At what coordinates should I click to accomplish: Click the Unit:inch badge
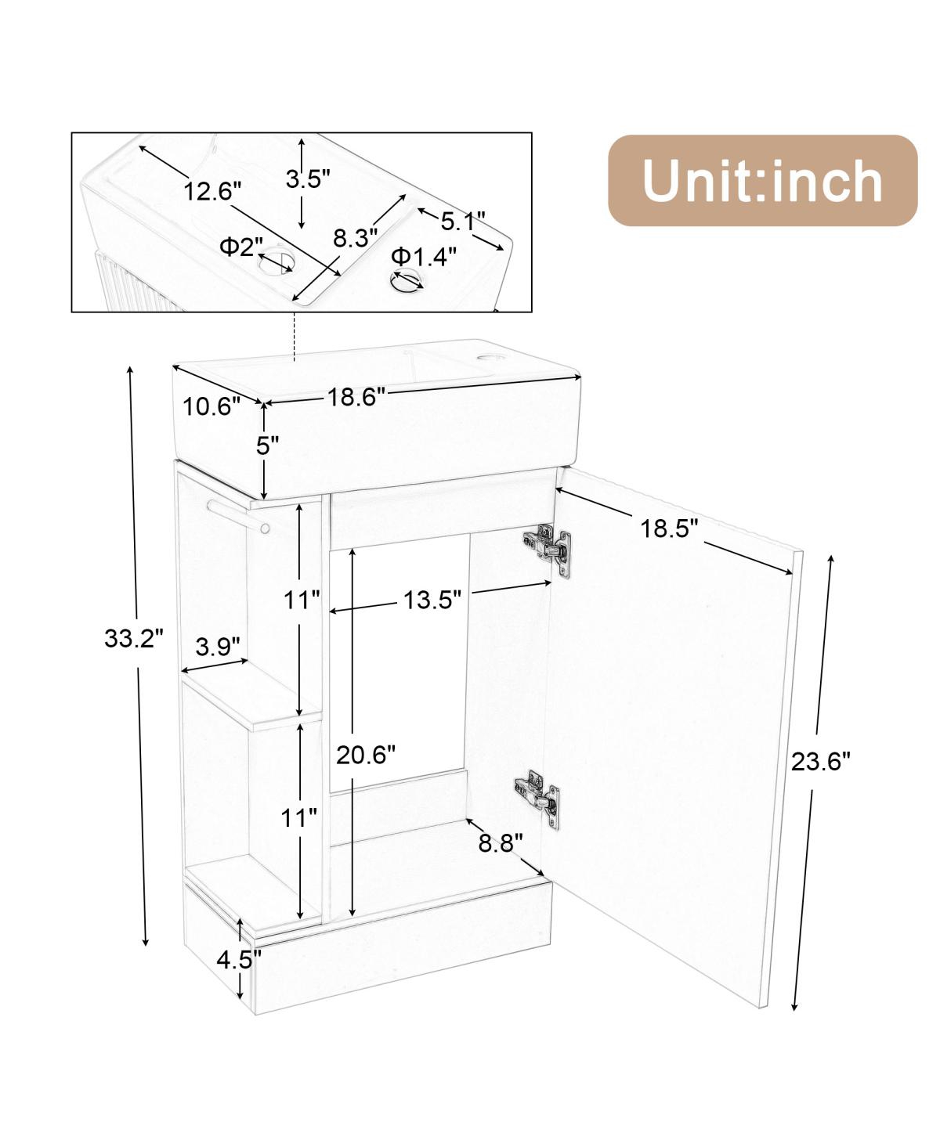point(761,181)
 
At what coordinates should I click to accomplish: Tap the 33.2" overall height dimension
point(134,639)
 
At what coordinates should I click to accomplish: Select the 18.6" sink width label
point(356,397)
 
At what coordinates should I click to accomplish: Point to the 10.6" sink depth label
point(211,406)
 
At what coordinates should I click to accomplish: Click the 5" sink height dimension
point(268,445)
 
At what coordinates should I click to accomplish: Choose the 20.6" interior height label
point(366,755)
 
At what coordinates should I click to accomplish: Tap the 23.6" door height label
point(820,761)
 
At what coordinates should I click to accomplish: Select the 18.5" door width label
point(669,528)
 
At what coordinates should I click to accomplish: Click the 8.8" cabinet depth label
point(501,843)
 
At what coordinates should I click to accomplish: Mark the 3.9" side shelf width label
point(217,647)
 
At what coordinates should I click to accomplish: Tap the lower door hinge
point(538,793)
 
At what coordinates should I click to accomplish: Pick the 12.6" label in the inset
point(213,190)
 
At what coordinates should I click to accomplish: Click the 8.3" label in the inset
point(355,238)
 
